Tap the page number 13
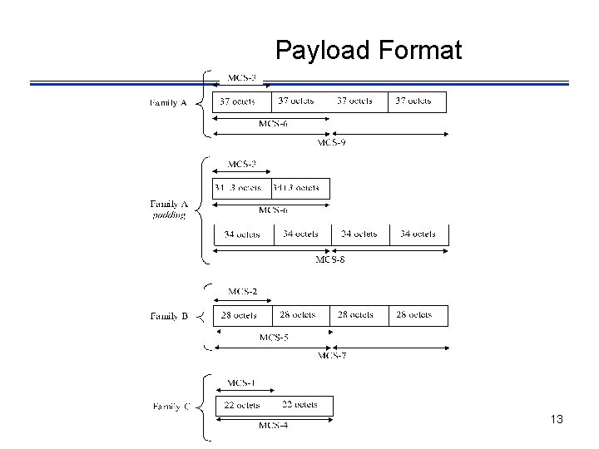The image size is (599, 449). pos(557,420)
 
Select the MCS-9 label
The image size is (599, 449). pos(332,142)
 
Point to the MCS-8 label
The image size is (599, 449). pos(330,259)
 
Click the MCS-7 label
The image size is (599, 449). pos(332,356)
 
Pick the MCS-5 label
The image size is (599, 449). pos(274,338)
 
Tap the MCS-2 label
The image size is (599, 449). pos(242,290)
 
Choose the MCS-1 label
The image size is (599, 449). pos(242,382)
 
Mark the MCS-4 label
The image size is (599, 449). pos(273,426)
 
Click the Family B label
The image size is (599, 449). pos(170,316)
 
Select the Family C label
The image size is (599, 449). pos(171,407)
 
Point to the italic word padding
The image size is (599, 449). pos(169,215)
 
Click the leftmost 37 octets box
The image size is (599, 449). pos(242,101)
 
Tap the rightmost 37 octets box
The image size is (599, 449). pos(417,101)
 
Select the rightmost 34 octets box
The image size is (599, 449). pos(418,234)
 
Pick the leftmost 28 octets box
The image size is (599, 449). pos(242,316)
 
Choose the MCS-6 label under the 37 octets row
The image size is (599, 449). pos(274,124)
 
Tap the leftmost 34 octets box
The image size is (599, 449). pos(242,234)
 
